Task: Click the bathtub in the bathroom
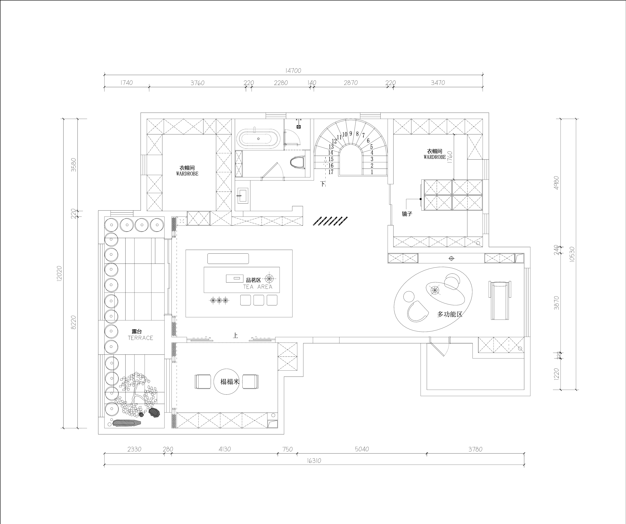click(258, 139)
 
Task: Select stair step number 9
click(351, 134)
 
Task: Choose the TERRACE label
click(140, 338)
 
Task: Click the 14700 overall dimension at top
click(293, 71)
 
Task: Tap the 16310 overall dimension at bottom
click(314, 461)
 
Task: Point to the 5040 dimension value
click(362, 449)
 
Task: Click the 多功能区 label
click(450, 314)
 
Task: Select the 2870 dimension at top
click(351, 83)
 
